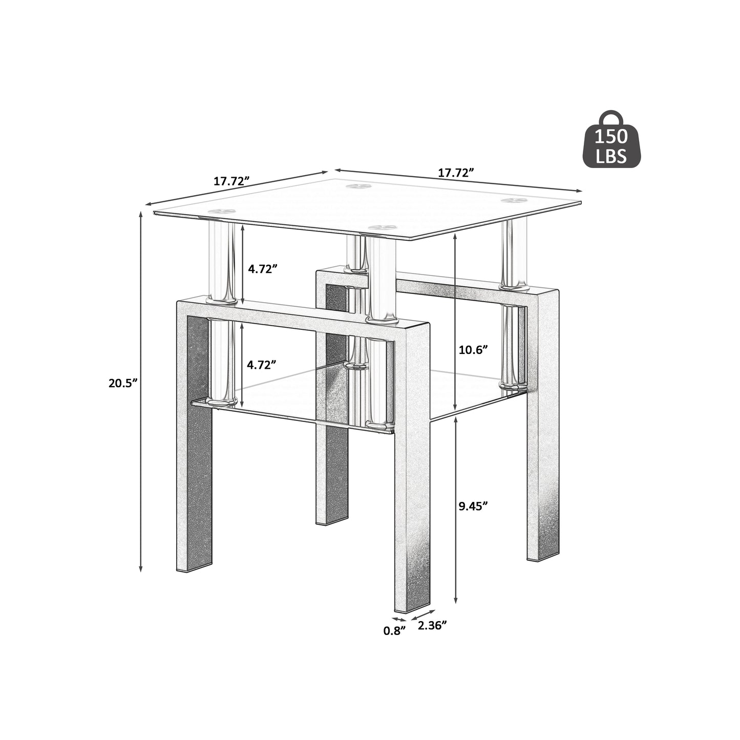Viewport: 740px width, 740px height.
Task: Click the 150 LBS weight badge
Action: point(613,144)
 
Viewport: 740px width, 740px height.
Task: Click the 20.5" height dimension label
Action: point(123,383)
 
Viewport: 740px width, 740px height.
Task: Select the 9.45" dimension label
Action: point(473,505)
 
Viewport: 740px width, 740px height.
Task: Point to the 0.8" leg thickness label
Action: point(394,630)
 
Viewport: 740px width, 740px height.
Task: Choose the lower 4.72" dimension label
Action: point(262,365)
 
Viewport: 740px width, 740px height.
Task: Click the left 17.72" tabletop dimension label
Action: point(231,181)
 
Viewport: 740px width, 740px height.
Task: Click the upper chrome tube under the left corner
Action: point(222,261)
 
